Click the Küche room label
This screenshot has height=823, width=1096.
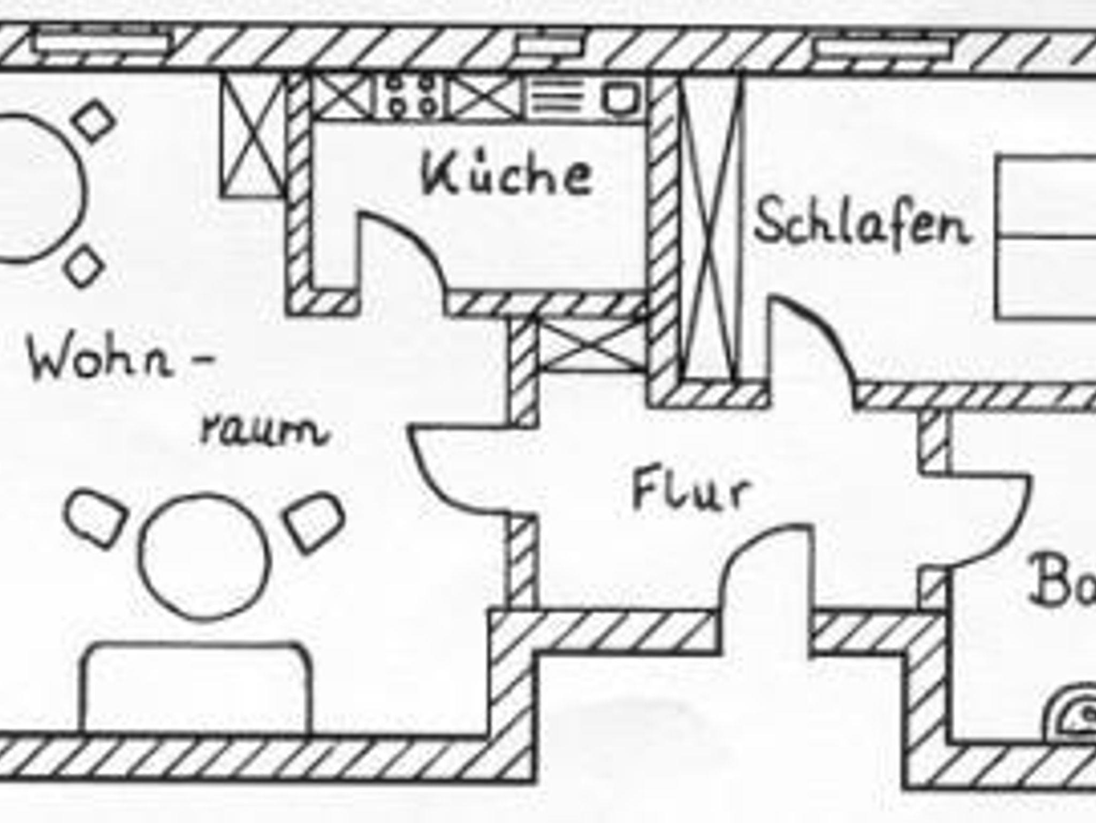point(506,174)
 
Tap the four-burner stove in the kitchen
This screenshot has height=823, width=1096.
point(411,96)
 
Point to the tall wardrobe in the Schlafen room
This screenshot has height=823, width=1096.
point(710,227)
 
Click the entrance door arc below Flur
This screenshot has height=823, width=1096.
point(760,557)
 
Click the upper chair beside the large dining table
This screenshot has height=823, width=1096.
point(95,120)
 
